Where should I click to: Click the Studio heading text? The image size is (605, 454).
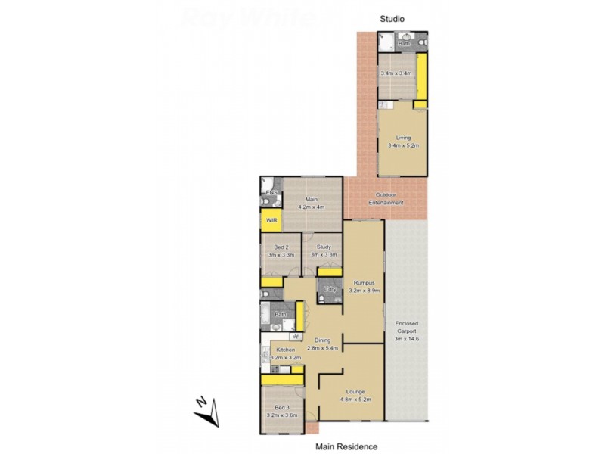[392, 17]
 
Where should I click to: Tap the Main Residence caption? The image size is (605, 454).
[346, 447]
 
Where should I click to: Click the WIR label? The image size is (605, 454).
[271, 221]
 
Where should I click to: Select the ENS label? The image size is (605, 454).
[270, 193]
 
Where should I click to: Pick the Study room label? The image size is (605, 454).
[324, 247]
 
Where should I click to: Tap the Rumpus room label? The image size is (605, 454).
[362, 283]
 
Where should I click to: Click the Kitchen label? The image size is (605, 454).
[286, 350]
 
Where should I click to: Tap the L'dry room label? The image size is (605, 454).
[329, 290]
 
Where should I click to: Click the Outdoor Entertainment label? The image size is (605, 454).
[386, 199]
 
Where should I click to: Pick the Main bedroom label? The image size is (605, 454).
[311, 200]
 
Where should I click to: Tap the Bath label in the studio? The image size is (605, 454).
[404, 44]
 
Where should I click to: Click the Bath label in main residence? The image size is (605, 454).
[279, 314]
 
